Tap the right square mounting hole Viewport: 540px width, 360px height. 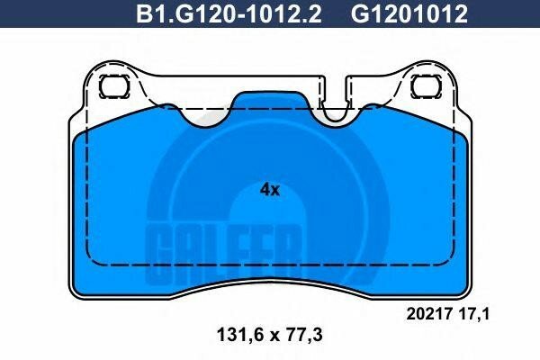click(422, 86)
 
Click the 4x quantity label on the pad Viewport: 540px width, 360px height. click(270, 190)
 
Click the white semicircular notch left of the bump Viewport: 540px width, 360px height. click(204, 115)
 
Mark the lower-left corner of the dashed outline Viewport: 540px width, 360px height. click(87, 264)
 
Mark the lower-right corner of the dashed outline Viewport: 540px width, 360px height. click(453, 264)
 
